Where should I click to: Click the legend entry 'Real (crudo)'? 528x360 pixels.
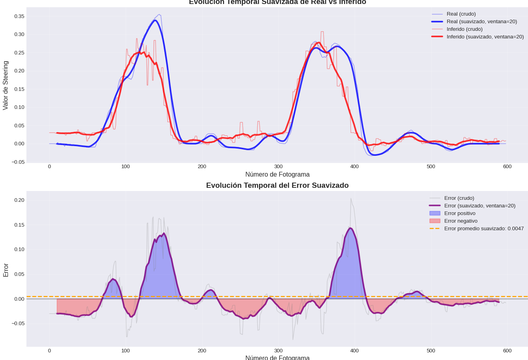click(461, 14)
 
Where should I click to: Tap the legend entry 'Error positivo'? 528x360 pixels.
click(460, 213)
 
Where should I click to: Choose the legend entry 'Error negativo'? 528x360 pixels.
click(461, 221)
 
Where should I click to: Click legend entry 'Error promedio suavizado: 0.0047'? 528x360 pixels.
click(484, 229)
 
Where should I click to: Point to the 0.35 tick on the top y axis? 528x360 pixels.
click(19, 16)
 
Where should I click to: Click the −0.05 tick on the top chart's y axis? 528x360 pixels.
click(18, 162)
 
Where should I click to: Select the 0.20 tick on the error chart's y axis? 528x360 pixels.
click(19, 200)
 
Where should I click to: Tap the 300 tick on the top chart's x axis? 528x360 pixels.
click(278, 167)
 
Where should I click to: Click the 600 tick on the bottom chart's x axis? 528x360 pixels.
click(507, 351)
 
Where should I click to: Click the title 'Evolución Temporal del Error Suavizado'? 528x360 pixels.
click(277, 185)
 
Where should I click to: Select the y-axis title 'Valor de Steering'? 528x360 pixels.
click(6, 85)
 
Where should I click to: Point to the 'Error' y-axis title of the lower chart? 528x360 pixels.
click(6, 270)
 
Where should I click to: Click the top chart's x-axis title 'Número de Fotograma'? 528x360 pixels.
click(277, 175)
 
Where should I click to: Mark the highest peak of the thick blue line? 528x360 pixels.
click(155, 20)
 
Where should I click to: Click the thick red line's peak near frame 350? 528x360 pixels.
click(319, 42)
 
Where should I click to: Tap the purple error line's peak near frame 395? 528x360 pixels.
click(351, 228)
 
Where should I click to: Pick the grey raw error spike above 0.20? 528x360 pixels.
click(351, 198)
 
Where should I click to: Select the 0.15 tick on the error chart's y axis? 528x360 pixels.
click(19, 225)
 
